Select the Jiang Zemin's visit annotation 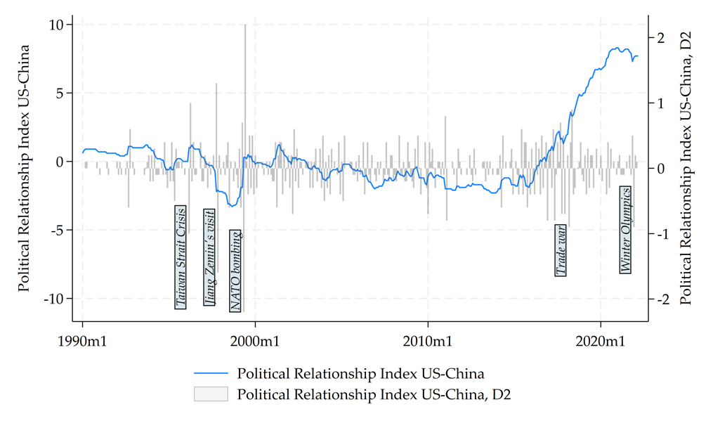point(209,257)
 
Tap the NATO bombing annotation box point(236,271)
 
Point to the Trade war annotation point(561,251)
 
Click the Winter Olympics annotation point(625,229)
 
